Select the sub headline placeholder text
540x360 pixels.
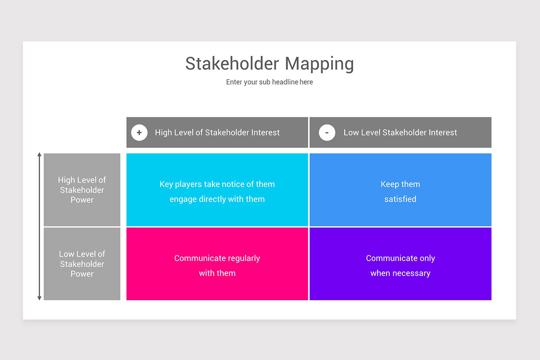click(x=270, y=82)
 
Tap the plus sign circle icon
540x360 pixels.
click(x=139, y=133)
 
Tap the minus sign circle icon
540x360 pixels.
click(x=327, y=133)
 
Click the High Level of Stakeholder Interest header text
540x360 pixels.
click(x=217, y=132)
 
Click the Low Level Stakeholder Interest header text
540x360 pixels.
click(x=400, y=132)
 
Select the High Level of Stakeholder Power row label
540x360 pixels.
click(x=82, y=190)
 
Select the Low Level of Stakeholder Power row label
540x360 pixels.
click(x=82, y=264)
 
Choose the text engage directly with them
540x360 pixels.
click(x=217, y=199)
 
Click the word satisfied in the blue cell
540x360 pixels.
click(x=400, y=199)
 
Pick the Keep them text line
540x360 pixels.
click(x=400, y=184)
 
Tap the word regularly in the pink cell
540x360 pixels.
click(x=243, y=258)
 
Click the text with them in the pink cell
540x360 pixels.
click(x=217, y=273)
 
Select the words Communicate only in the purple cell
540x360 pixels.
click(x=400, y=258)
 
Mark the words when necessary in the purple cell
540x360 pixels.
click(x=400, y=273)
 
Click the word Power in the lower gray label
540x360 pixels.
click(x=82, y=274)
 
